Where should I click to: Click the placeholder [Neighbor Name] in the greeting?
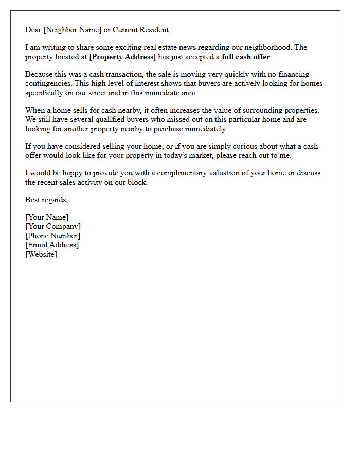click(72, 30)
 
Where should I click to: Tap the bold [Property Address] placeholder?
click(122, 57)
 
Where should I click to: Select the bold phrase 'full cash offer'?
click(246, 57)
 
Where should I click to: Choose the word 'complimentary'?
click(184, 173)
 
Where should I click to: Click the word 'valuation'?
click(226, 173)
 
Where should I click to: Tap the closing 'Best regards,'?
click(46, 200)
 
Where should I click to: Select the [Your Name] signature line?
click(47, 217)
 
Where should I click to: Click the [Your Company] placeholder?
click(53, 226)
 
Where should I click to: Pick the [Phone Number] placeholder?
click(52, 236)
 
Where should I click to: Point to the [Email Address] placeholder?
click(52, 245)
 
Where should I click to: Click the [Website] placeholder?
click(41, 254)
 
